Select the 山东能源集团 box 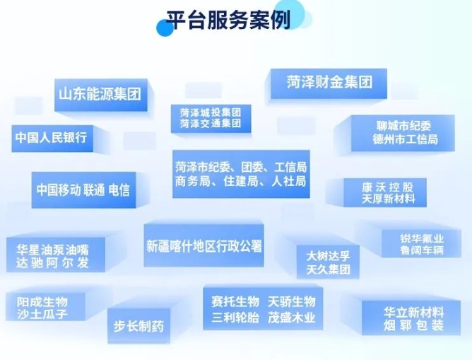coord(99,93)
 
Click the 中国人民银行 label coord(51,137)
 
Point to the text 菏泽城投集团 coord(211,112)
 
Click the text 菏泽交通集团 coord(211,124)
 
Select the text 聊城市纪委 coord(405,126)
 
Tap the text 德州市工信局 coord(405,139)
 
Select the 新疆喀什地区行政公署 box coord(204,246)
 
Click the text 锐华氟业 coord(422,238)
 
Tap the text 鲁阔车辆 coord(422,250)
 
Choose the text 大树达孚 coord(329,255)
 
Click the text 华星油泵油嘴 coord(53,250)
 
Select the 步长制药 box coord(139,326)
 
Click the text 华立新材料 coord(413,312)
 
